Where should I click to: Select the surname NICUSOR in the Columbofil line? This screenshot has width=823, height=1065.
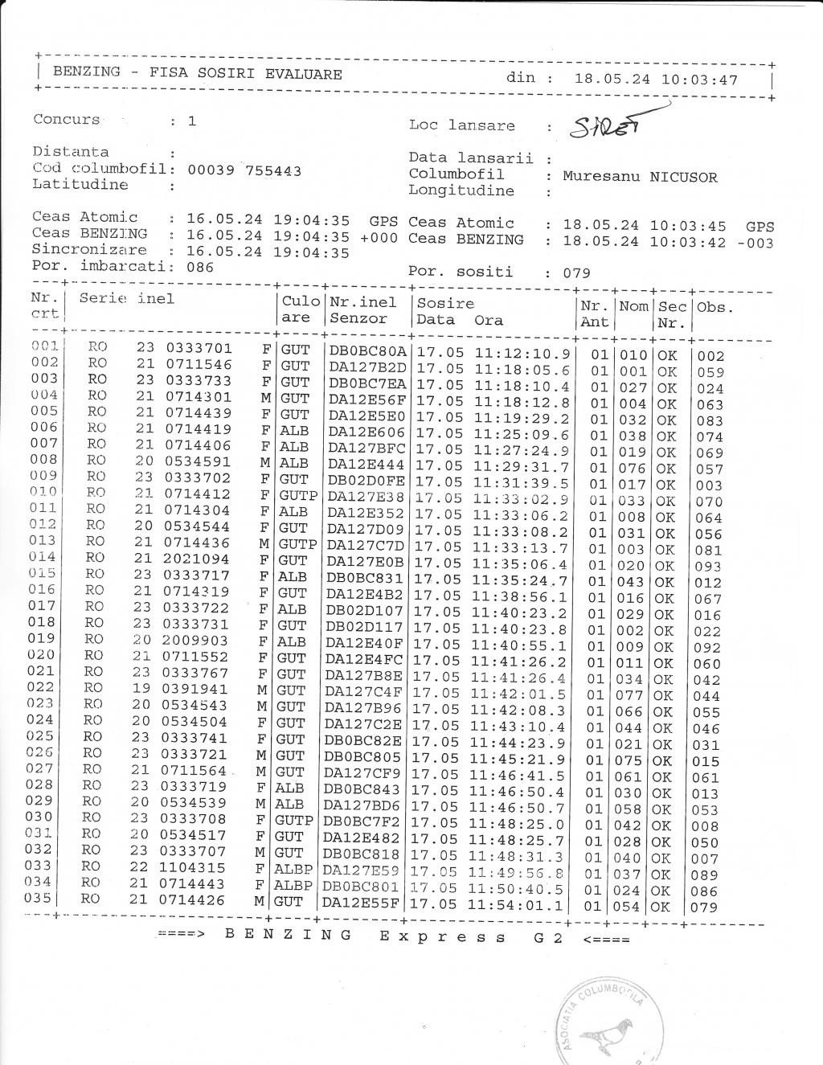(x=683, y=177)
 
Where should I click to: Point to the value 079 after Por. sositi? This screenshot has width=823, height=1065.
(x=576, y=272)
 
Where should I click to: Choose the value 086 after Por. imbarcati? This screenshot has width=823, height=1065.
(x=200, y=267)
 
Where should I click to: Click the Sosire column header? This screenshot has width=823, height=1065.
(x=445, y=303)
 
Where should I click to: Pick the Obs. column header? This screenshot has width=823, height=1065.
(x=715, y=307)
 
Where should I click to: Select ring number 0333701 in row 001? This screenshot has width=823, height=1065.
(x=199, y=348)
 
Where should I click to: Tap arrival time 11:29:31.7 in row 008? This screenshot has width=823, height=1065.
(x=521, y=467)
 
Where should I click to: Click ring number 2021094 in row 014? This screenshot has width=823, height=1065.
(x=198, y=559)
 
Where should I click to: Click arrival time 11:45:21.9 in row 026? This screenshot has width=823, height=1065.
(x=518, y=760)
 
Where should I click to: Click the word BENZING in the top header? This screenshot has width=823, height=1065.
(x=87, y=72)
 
